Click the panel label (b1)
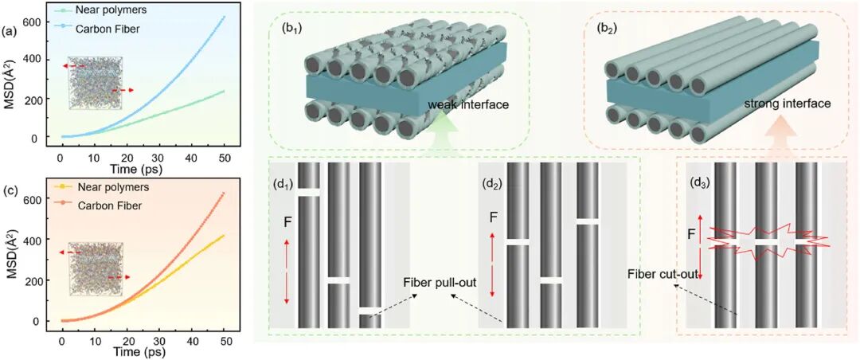(283, 26)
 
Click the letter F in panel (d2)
(493, 215)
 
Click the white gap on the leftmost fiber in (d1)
(308, 193)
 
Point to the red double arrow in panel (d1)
(287, 272)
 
